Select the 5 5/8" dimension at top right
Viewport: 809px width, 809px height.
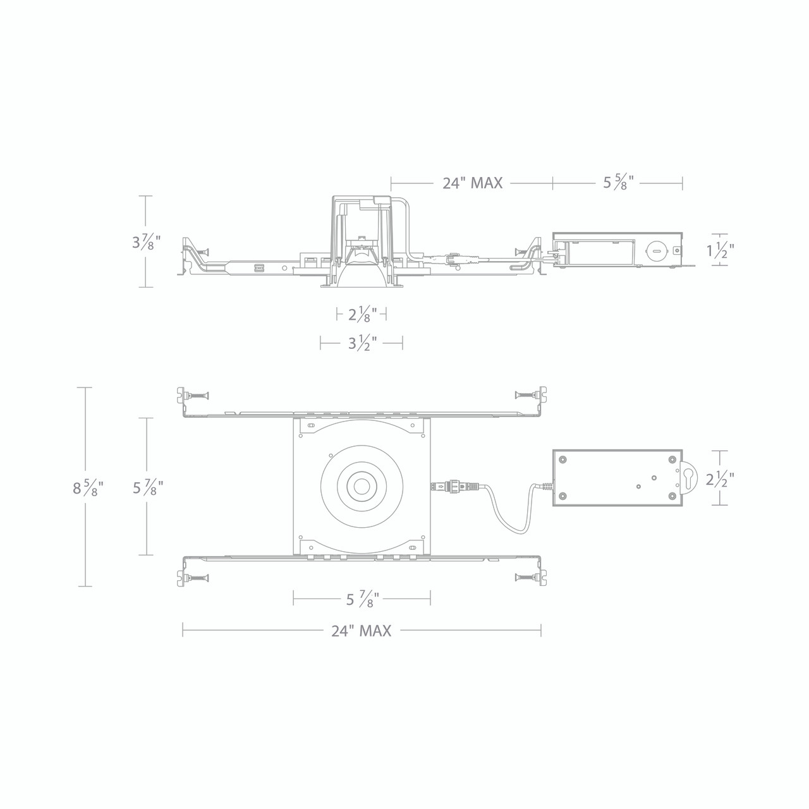coord(617,183)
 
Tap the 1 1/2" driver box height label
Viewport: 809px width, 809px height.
coord(720,251)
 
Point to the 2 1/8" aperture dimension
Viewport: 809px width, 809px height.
coord(362,313)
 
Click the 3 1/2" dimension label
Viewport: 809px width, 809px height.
coord(362,344)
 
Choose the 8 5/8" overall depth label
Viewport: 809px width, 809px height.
coord(88,488)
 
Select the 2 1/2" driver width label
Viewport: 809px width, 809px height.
coord(720,478)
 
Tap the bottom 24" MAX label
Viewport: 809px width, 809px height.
coord(362,630)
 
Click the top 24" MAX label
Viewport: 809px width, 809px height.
coord(472,183)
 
